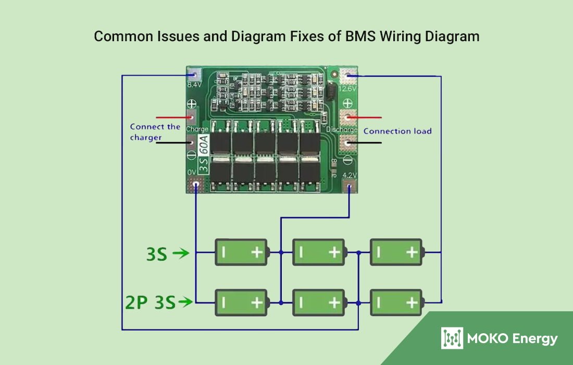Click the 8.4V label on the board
[x=194, y=84]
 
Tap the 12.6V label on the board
[x=347, y=89]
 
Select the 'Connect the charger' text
[x=155, y=132]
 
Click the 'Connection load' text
[x=397, y=131]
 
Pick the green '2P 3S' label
[x=150, y=302]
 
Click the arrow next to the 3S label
[x=181, y=254]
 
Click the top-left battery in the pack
[x=242, y=252]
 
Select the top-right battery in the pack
[x=396, y=252]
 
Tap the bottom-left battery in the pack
[x=242, y=302]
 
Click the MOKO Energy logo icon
[x=452, y=338]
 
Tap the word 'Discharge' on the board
[x=342, y=129]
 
